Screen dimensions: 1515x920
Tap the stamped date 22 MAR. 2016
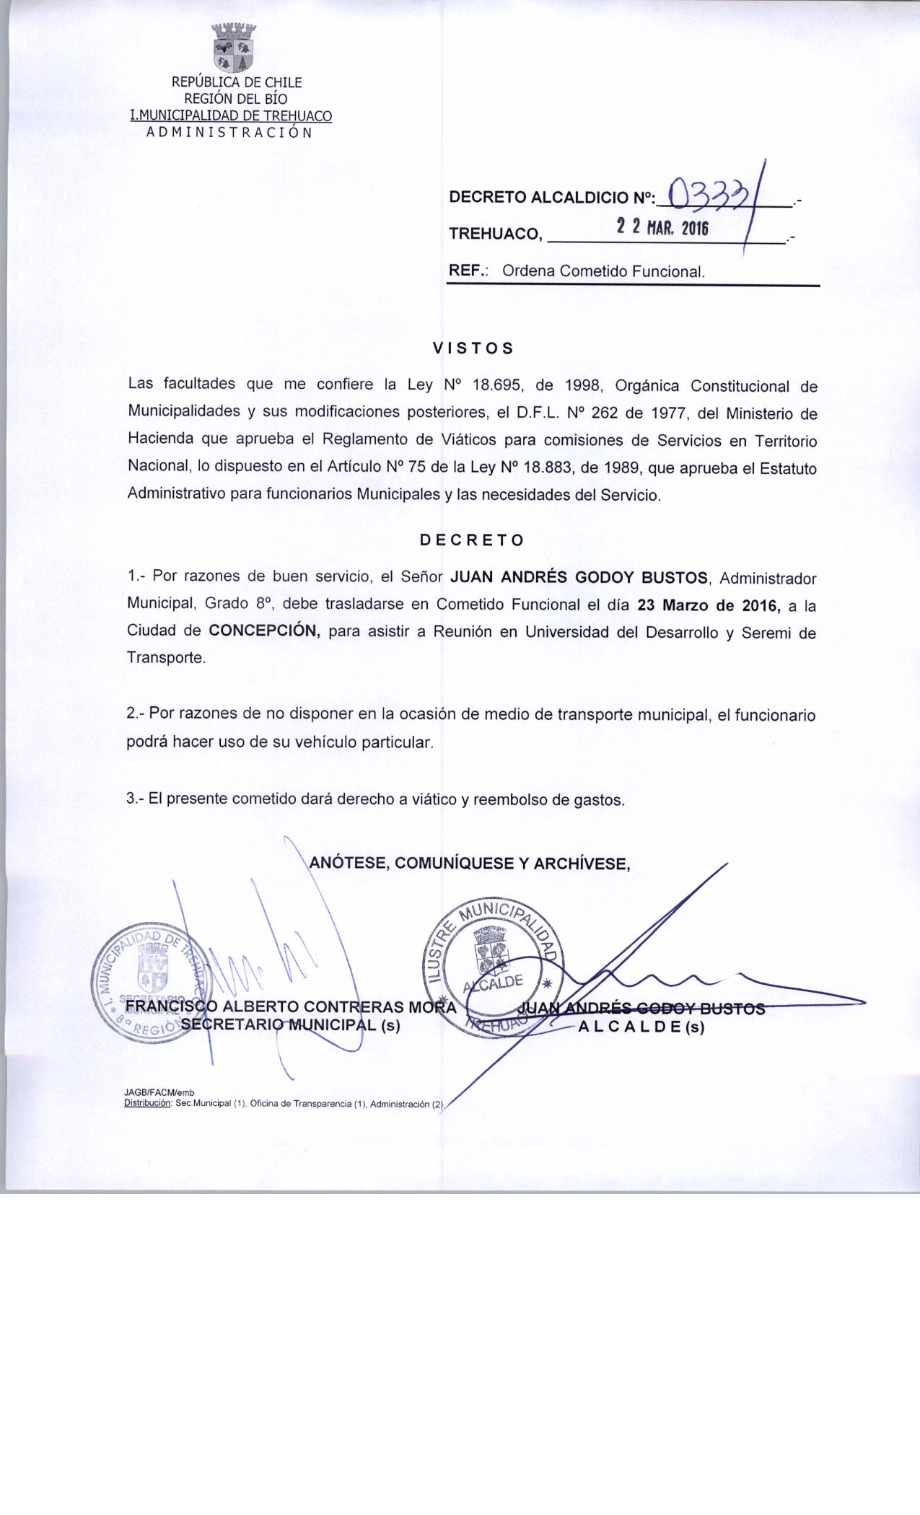[x=663, y=229]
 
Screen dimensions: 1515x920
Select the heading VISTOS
[x=473, y=348]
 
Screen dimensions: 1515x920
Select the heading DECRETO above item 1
[x=473, y=540]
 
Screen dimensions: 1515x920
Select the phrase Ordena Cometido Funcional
[x=603, y=272]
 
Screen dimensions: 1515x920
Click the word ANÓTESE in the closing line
[x=346, y=863]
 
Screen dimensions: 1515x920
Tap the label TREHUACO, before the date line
[x=494, y=234]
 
